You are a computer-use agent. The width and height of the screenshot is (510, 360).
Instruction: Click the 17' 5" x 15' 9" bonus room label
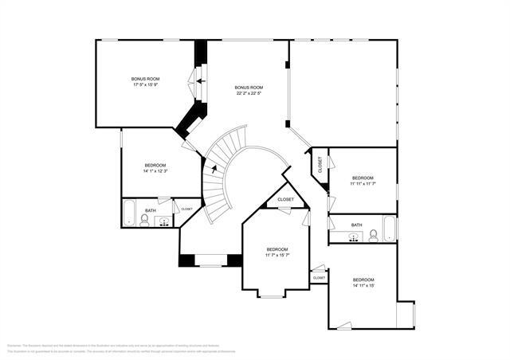pyautogui.click(x=146, y=82)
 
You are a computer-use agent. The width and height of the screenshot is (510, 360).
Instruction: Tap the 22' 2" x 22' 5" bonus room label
pyautogui.click(x=249, y=90)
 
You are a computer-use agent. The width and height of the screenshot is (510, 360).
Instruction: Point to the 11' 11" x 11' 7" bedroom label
pyautogui.click(x=363, y=181)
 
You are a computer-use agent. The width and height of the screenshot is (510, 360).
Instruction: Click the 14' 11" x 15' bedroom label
pyautogui.click(x=363, y=283)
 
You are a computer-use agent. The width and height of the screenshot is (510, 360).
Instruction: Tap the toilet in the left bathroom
pyautogui.click(x=145, y=219)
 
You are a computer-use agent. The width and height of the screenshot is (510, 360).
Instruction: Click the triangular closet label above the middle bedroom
pyautogui.click(x=285, y=199)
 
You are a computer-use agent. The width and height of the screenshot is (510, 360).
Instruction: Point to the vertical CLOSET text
pyautogui.click(x=320, y=165)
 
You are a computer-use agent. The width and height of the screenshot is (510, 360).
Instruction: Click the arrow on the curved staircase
pyautogui.click(x=214, y=167)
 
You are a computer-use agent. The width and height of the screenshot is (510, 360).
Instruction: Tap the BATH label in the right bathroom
pyautogui.click(x=356, y=225)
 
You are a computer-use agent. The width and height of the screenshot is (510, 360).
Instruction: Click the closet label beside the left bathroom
pyautogui.click(x=186, y=209)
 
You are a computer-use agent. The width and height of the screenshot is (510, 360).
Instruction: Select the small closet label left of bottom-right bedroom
pyautogui.click(x=319, y=277)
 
